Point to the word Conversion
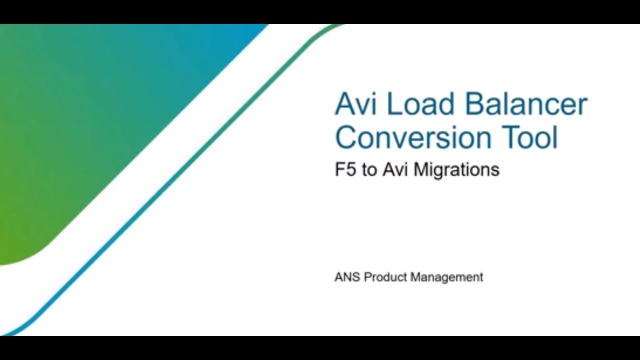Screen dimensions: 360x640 click(411, 137)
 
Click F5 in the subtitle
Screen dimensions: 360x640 click(345, 170)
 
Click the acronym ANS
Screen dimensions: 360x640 click(347, 277)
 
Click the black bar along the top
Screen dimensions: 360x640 click(320, 11)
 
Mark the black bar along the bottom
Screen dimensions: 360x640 click(320, 348)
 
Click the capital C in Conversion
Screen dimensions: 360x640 click(345, 137)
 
